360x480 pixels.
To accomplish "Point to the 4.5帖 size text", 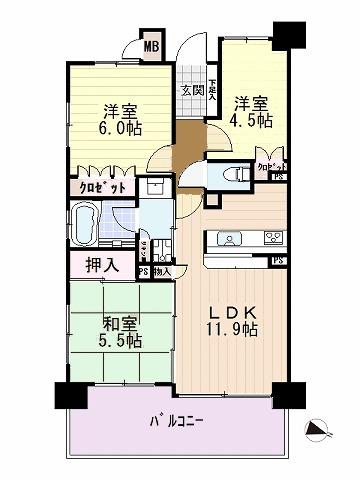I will point(252,121).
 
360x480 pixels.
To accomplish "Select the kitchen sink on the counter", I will point(226,240).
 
